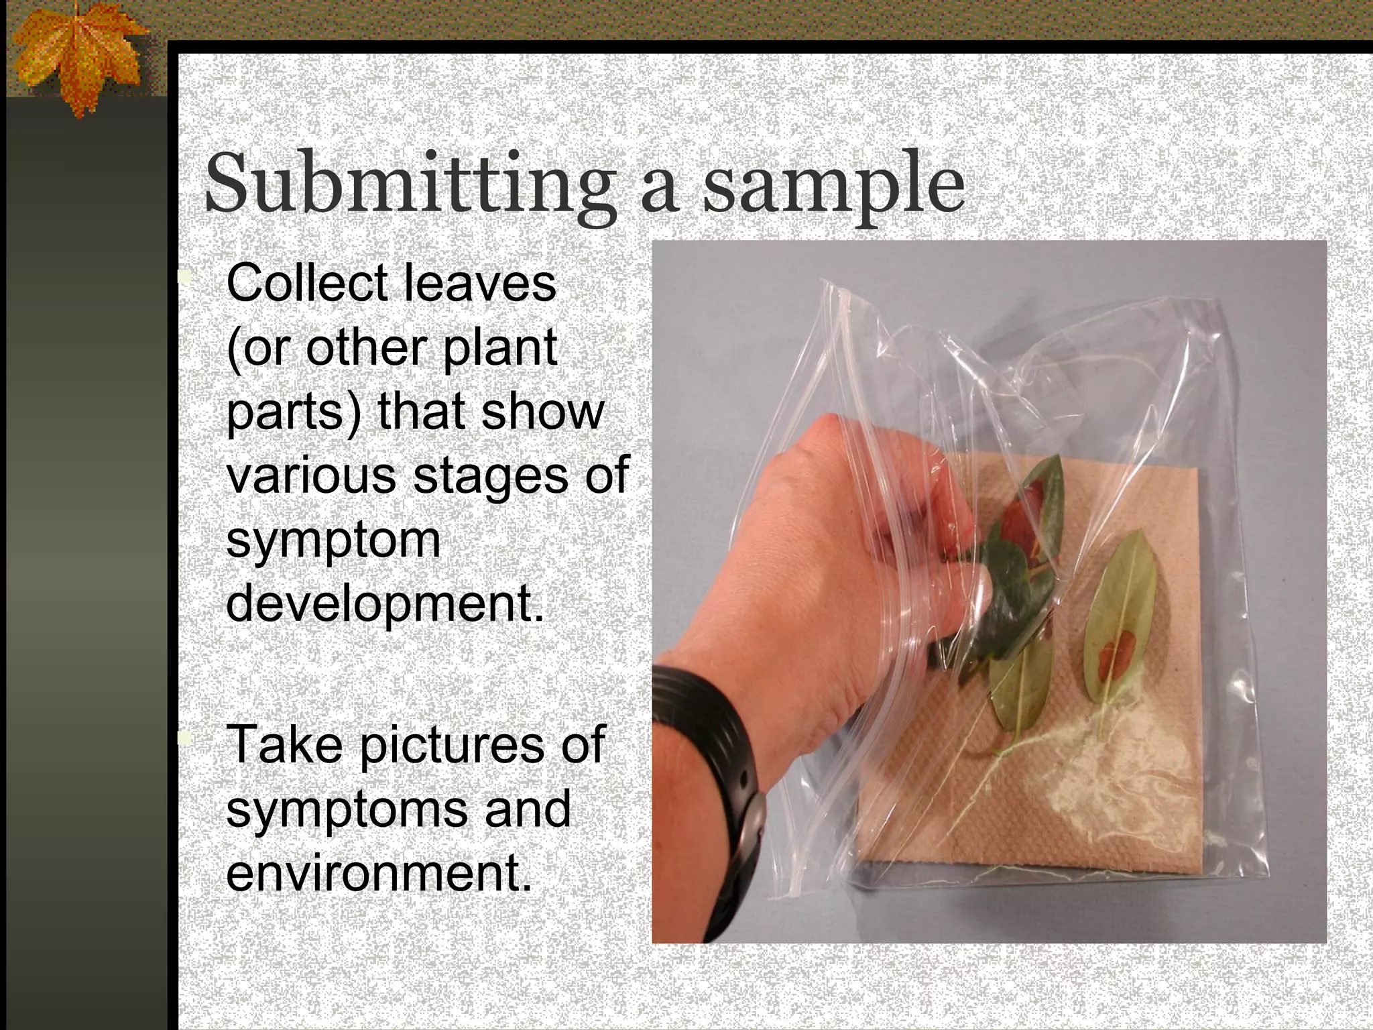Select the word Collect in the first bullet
click(x=306, y=283)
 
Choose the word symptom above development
click(x=333, y=540)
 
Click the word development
click(x=384, y=604)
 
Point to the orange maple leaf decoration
click(x=77, y=57)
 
